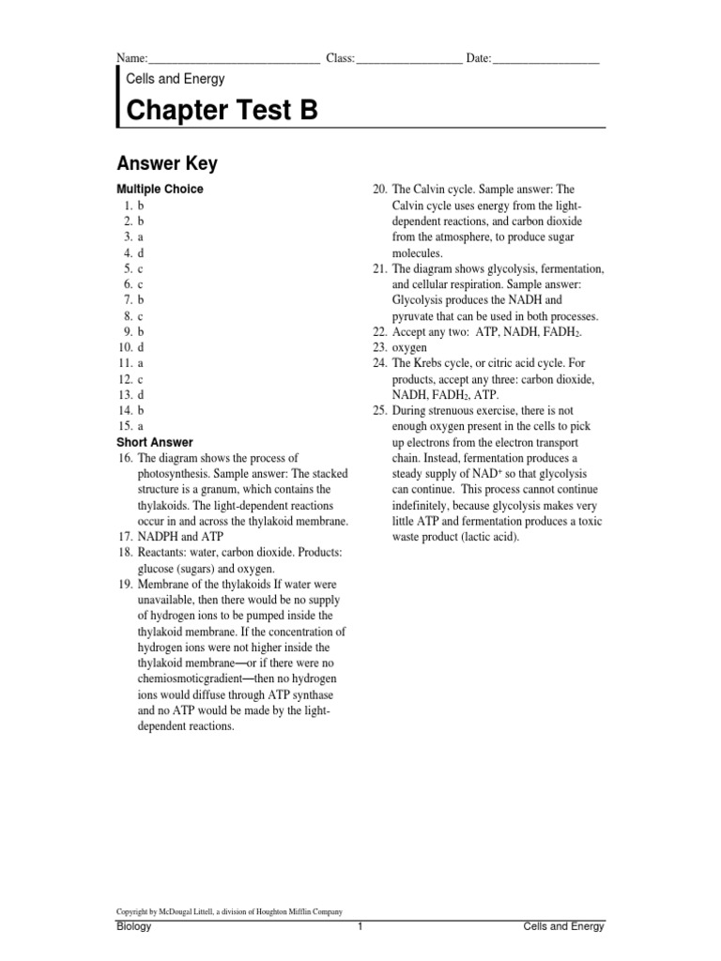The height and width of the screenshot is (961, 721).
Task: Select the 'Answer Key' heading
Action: tap(166, 164)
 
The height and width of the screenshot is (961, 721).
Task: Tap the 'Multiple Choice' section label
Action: tap(159, 189)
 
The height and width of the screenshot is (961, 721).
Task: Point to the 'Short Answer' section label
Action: tap(154, 442)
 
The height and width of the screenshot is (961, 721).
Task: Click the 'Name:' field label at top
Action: tap(131, 59)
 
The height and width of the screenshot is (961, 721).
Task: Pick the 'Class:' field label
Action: tap(340, 59)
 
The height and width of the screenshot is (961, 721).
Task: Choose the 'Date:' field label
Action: tap(479, 59)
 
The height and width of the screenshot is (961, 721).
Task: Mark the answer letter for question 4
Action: tap(140, 253)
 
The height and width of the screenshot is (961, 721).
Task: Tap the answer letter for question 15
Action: tap(140, 426)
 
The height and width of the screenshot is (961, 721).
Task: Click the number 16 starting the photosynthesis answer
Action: tap(124, 457)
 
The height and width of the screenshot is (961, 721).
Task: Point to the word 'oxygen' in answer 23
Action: tap(409, 347)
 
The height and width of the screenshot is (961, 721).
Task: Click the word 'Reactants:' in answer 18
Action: tap(164, 553)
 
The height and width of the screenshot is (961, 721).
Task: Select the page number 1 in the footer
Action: tap(360, 926)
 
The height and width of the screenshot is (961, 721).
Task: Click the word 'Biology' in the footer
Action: tap(133, 926)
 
